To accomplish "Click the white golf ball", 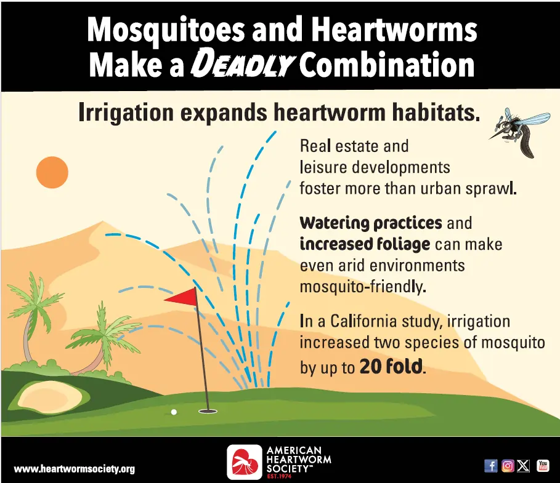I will pos(174,412).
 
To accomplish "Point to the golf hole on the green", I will pos(208,410).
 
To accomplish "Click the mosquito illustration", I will pos(521,131).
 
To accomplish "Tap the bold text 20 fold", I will pos(391,367).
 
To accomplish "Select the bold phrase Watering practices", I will pos(371,222).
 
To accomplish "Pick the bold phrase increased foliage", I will pos(365,244).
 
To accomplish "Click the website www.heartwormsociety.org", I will pos(74,469).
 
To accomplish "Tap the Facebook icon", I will pos(491,466).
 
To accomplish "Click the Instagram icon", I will pos(508,466).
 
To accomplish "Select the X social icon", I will pos(524,466).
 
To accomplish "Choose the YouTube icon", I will pos(543,466).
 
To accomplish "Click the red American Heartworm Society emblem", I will pos(245,462).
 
